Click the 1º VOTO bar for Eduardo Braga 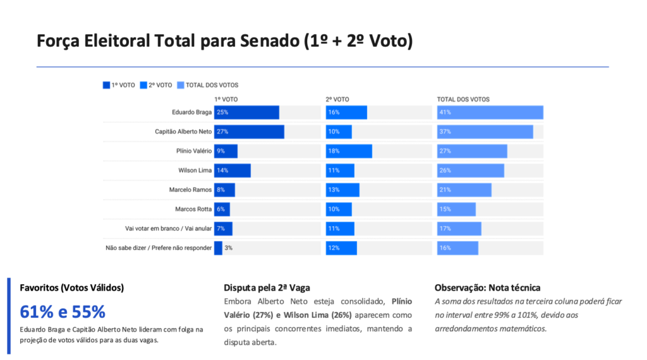(246, 112)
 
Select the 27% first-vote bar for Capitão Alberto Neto (249, 132)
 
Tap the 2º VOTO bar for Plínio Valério (349, 151)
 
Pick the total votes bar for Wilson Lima (470, 171)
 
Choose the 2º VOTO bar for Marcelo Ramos (342, 190)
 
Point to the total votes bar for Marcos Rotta (456, 209)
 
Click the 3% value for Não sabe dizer (229, 248)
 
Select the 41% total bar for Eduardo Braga (490, 112)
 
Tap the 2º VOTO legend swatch (143, 85)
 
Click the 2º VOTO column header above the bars (337, 99)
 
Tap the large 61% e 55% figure (63, 312)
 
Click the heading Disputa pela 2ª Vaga (267, 287)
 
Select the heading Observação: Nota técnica (487, 287)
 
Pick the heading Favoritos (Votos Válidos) (72, 287)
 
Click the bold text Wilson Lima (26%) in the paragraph (311, 315)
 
